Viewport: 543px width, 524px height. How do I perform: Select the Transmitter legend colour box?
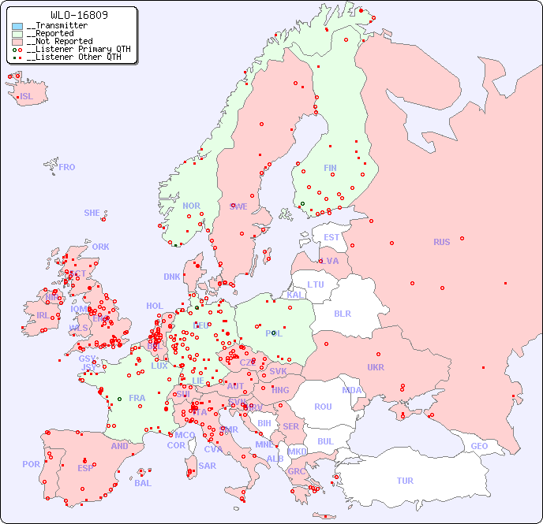click(x=17, y=26)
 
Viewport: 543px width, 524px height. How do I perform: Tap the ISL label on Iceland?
click(x=27, y=97)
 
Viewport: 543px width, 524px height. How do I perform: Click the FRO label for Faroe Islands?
click(x=67, y=167)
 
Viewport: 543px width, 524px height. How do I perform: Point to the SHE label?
click(x=92, y=213)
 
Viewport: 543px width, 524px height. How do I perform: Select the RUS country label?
click(x=441, y=242)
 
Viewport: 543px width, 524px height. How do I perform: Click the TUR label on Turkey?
click(x=405, y=481)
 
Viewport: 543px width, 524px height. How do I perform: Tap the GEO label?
click(x=479, y=446)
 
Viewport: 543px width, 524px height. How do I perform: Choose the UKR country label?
click(x=376, y=367)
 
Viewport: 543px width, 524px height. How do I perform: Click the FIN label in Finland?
click(x=330, y=168)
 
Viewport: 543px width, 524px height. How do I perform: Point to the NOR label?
click(x=191, y=206)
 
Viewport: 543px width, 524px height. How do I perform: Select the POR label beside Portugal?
click(x=31, y=464)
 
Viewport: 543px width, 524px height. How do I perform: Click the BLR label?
click(x=343, y=313)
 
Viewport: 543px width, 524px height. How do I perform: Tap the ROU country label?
click(x=323, y=407)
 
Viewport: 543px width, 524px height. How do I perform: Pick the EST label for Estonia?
click(x=331, y=237)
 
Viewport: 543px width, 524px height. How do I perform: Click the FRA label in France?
click(x=137, y=398)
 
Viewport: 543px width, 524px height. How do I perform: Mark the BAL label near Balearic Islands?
click(x=143, y=483)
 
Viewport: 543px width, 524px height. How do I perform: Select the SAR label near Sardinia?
click(x=207, y=466)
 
